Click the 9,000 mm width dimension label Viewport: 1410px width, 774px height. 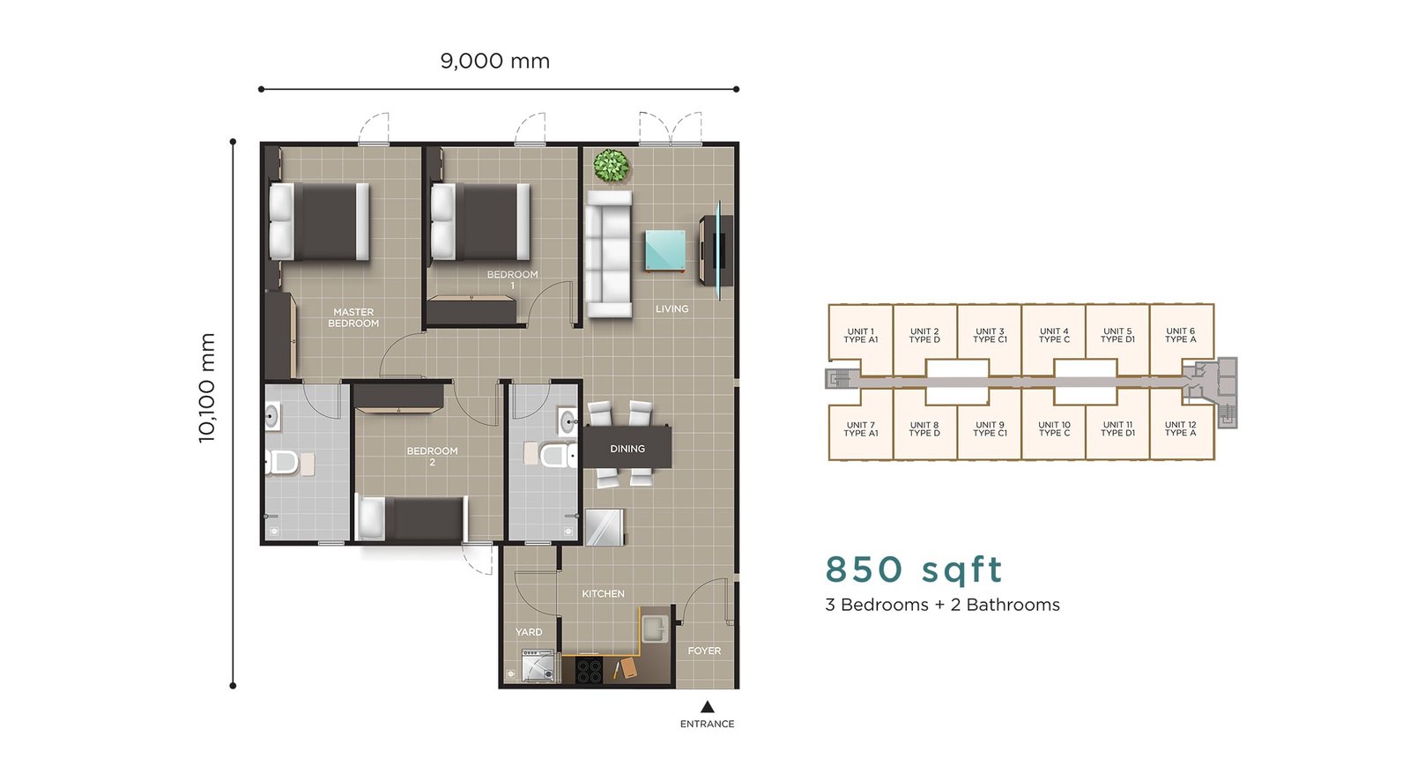(x=494, y=61)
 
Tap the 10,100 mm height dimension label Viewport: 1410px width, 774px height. (x=206, y=388)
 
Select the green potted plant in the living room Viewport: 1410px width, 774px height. (x=611, y=166)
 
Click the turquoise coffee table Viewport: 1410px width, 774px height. (x=665, y=250)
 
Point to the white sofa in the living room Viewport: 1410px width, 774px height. (x=609, y=254)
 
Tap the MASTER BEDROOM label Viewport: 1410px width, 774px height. (x=353, y=317)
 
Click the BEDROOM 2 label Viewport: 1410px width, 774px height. (x=432, y=456)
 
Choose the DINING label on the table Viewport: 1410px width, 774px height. (x=627, y=449)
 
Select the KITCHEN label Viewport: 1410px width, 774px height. (x=603, y=593)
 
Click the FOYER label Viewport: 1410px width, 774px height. (x=704, y=651)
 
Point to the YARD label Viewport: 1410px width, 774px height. (x=529, y=632)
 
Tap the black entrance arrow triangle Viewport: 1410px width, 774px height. (x=707, y=707)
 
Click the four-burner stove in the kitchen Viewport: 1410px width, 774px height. (x=590, y=670)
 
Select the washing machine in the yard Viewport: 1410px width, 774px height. (x=538, y=665)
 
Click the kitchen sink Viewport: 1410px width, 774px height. (x=655, y=628)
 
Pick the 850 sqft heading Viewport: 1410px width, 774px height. (x=913, y=569)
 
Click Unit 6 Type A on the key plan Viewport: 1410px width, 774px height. (x=1180, y=335)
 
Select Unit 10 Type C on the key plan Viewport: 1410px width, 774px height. (x=1054, y=429)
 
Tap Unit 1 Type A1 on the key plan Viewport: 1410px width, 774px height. (x=860, y=336)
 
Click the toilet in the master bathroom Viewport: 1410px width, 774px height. (x=280, y=462)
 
